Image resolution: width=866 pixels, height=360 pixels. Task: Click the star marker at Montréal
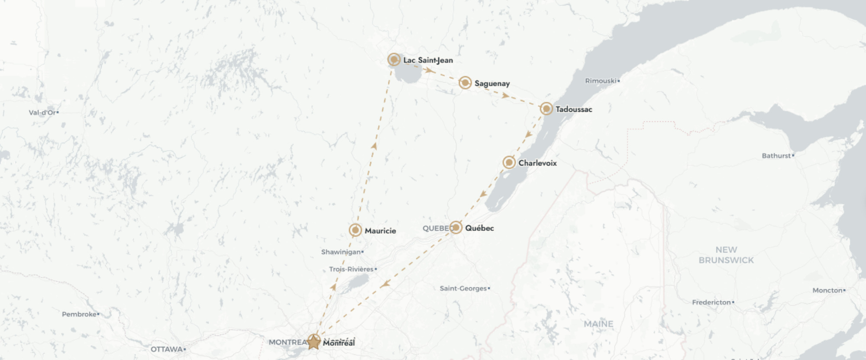click(x=313, y=342)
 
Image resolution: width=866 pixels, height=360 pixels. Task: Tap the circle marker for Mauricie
click(x=355, y=230)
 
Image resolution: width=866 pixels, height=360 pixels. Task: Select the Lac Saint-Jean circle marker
click(x=394, y=59)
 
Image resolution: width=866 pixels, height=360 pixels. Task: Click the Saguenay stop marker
click(x=465, y=83)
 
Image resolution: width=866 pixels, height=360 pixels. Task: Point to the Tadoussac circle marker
click(x=546, y=109)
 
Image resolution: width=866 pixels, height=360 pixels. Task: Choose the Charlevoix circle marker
click(x=509, y=162)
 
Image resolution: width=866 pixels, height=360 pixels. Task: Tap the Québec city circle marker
click(x=456, y=227)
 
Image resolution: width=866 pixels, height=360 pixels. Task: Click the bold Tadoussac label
click(x=574, y=109)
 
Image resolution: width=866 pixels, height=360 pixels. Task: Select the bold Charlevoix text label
click(x=537, y=163)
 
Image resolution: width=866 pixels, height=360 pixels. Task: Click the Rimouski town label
click(x=601, y=81)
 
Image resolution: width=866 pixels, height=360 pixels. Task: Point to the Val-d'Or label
click(x=42, y=113)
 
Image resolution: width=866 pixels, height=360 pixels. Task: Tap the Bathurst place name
click(x=776, y=156)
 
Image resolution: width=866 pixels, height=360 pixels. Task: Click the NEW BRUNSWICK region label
click(x=726, y=255)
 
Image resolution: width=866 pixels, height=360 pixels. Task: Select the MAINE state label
click(x=598, y=324)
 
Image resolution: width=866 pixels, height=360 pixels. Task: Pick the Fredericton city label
click(x=711, y=302)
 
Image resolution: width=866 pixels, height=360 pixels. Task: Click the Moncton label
click(x=827, y=290)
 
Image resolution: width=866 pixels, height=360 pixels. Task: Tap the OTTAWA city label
click(x=167, y=349)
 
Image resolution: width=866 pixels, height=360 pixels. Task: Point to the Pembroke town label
click(x=79, y=314)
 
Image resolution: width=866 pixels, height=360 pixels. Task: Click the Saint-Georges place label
click(x=463, y=289)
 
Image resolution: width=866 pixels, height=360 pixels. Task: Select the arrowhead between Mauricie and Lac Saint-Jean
click(x=374, y=146)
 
